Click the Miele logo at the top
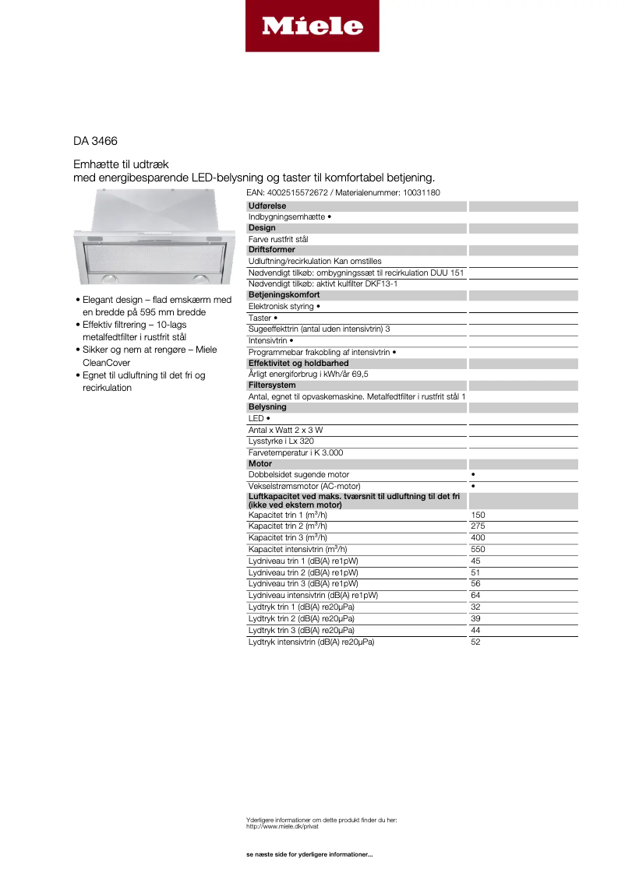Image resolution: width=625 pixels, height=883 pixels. tap(312, 26)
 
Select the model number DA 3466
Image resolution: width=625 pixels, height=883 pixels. tap(96, 142)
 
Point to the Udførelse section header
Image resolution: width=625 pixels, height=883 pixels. tap(267, 206)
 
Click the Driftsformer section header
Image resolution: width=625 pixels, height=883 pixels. tap(273, 250)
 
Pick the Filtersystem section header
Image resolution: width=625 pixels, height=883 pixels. tap(272, 385)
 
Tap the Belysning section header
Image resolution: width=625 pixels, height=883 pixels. tap(267, 407)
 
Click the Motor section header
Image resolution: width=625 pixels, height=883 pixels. tap(260, 464)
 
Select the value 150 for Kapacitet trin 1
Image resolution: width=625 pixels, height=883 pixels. tap(478, 515)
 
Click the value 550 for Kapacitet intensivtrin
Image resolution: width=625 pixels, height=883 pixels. tap(478, 549)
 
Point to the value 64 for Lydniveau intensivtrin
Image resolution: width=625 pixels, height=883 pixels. tap(476, 596)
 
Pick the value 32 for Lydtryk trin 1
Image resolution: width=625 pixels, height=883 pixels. tap(476, 607)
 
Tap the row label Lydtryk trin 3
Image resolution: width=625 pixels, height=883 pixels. tap(301, 630)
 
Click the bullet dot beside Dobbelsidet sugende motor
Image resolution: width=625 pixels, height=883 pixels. tap(474, 475)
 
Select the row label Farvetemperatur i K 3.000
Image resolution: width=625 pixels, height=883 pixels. tap(295, 452)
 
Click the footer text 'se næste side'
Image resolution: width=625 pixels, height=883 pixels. tap(309, 855)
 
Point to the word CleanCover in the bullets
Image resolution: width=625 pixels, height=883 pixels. tap(106, 363)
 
